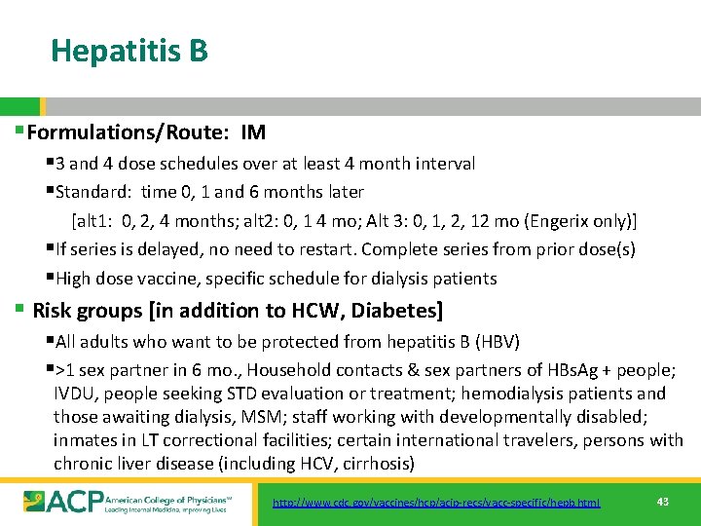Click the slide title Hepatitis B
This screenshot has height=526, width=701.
click(129, 50)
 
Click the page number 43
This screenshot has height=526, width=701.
click(663, 502)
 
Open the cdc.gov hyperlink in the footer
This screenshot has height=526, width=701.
click(436, 503)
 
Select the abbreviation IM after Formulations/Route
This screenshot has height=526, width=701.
click(253, 132)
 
